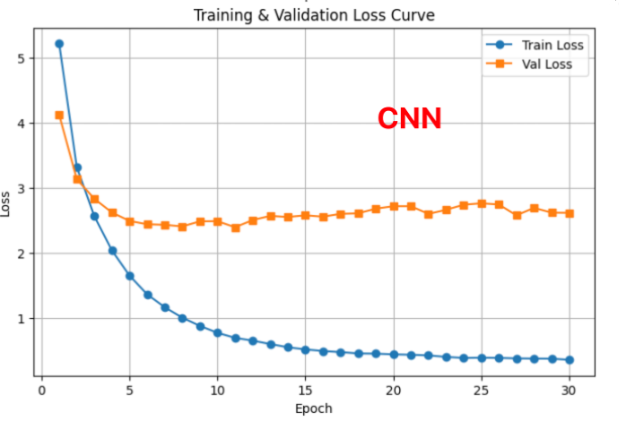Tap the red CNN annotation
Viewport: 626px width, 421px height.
pos(409,118)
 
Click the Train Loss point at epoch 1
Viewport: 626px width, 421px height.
pos(59,44)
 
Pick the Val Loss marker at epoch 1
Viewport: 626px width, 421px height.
pos(59,115)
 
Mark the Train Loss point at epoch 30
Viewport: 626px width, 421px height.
pos(569,360)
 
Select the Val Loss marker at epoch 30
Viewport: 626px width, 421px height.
pos(569,213)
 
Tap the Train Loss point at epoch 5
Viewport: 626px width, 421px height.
pos(129,276)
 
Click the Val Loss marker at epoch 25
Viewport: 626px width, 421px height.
pos(482,203)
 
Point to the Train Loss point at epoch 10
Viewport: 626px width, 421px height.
pos(217,332)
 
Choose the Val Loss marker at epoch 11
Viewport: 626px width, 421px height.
pos(235,228)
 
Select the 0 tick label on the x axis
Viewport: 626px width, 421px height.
pos(41,390)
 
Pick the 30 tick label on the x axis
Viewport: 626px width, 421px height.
pos(569,390)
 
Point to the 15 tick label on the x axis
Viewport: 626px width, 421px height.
pos(305,390)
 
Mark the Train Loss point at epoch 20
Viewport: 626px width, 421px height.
pos(394,355)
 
